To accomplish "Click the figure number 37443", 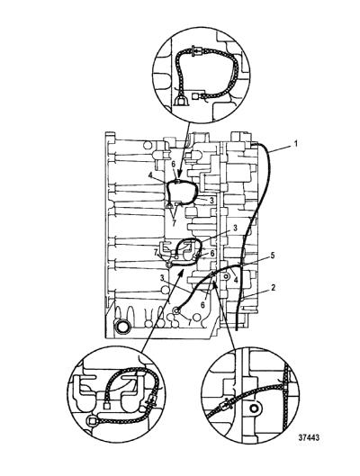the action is [x=309, y=437].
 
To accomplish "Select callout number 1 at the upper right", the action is [x=294, y=143].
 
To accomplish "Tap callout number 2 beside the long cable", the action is [x=274, y=287].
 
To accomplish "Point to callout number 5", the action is [x=273, y=256].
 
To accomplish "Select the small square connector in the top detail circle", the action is [x=196, y=97].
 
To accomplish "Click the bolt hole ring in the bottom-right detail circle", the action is [x=254, y=409].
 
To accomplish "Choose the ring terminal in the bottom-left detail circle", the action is [x=91, y=421].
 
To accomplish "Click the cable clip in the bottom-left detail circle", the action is [x=151, y=402].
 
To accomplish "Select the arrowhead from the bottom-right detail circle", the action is [x=215, y=285].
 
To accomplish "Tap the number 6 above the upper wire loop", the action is [x=174, y=164].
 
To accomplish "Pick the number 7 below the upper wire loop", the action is [x=174, y=223].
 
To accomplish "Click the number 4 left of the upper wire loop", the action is [x=150, y=175].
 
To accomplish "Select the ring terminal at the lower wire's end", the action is [x=176, y=310].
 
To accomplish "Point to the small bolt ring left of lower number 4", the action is [x=226, y=276].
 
